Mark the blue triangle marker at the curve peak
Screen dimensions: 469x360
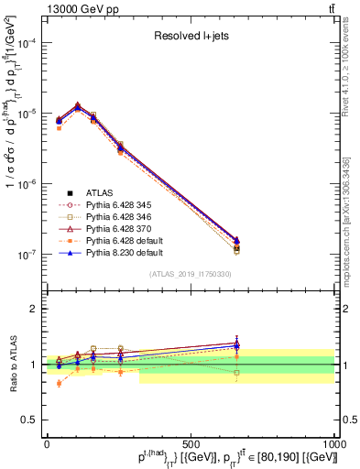point(78,107)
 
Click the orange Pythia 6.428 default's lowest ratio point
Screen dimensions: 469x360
point(59,383)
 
